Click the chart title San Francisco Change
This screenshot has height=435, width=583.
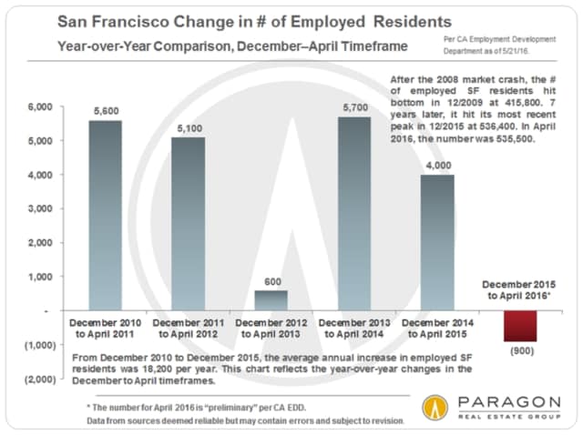coord(227,21)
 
